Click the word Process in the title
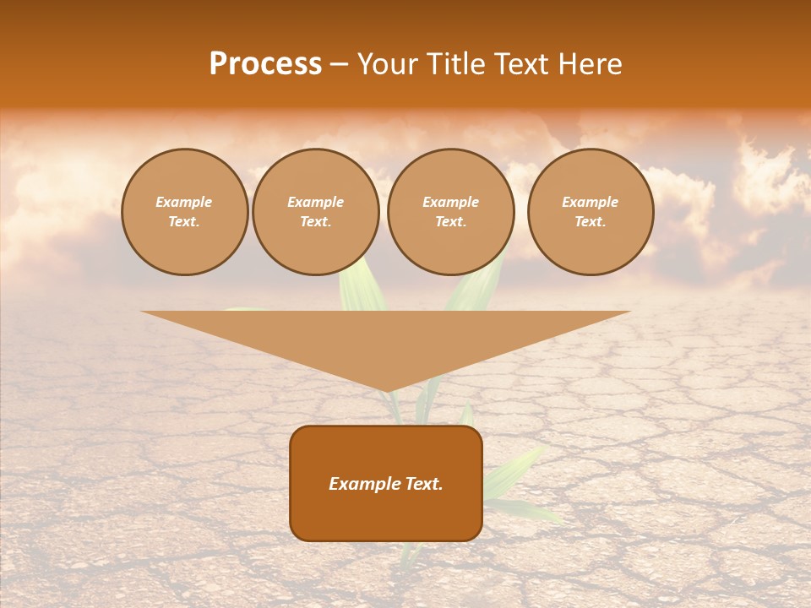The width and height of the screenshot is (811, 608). (265, 64)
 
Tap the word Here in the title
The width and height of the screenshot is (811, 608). (588, 64)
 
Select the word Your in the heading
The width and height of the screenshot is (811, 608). (386, 64)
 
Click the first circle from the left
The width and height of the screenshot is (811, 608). (185, 212)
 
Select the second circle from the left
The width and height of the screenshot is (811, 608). (316, 212)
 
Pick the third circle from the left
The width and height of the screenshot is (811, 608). (451, 212)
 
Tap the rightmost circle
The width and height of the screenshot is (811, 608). (591, 212)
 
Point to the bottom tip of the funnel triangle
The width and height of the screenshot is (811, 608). (386, 390)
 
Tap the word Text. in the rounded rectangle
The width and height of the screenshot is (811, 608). (422, 484)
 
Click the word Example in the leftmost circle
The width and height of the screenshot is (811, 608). (184, 203)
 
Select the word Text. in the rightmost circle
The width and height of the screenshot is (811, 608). (591, 222)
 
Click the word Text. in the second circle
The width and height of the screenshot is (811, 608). (316, 222)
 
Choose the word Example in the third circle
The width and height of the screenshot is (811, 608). (451, 203)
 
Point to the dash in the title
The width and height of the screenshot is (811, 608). (339, 65)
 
